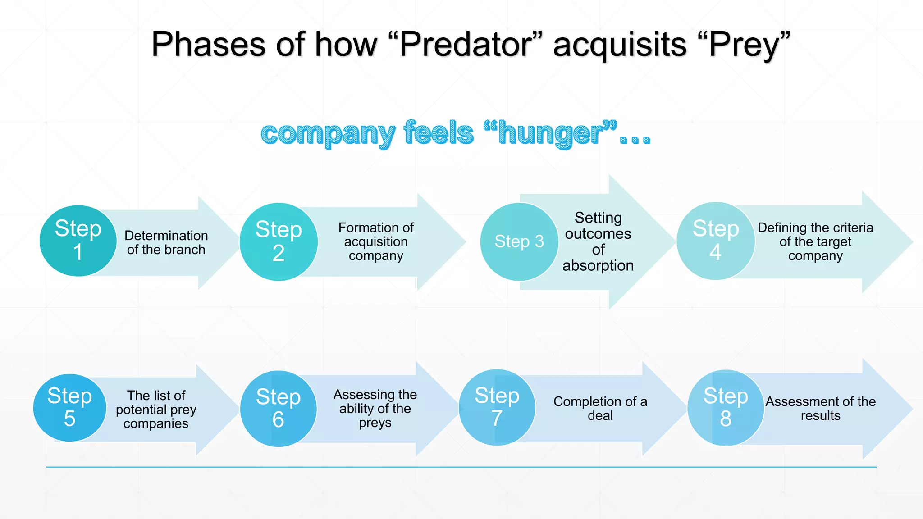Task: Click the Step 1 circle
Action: [x=78, y=241]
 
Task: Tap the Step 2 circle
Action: [x=279, y=242]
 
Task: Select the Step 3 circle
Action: [x=519, y=242]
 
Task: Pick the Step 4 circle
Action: [x=716, y=241]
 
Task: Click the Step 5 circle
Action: [x=69, y=408]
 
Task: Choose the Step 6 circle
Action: [x=279, y=409]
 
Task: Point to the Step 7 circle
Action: [x=497, y=407]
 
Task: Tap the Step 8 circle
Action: [x=726, y=408]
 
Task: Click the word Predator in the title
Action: [x=464, y=45]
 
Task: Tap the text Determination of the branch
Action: [x=166, y=242]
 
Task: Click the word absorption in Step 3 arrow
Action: [x=598, y=266]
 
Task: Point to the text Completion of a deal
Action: [x=600, y=408]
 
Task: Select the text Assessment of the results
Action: [x=820, y=408]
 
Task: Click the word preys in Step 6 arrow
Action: [x=375, y=423]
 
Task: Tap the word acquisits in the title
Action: [x=620, y=45]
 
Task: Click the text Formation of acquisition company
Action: [x=376, y=241]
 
